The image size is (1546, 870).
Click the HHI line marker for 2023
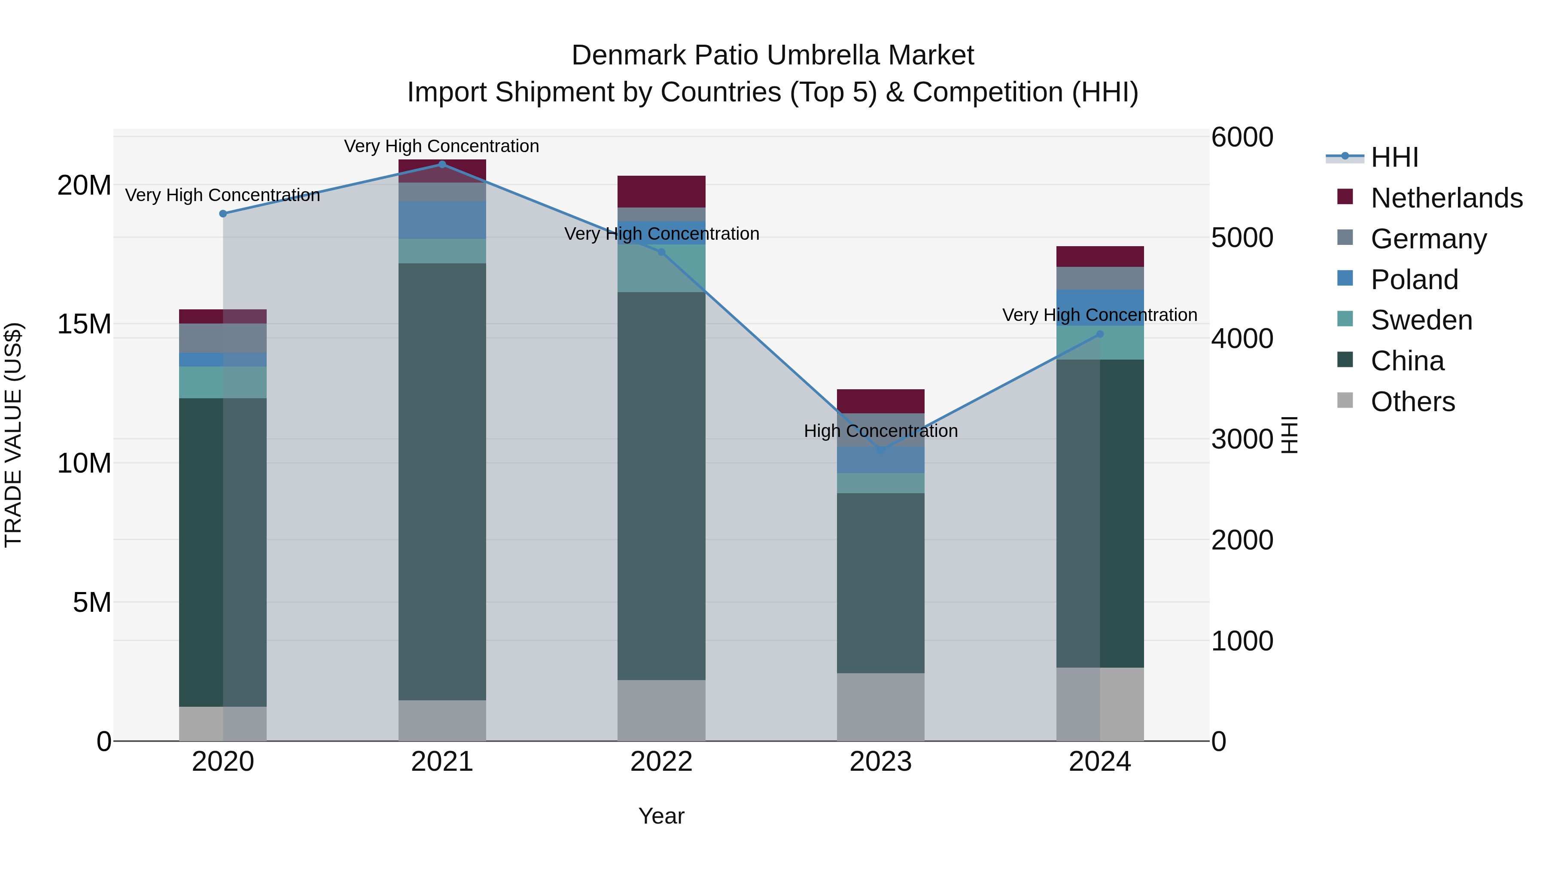[880, 450]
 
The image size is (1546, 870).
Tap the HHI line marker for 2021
[442, 164]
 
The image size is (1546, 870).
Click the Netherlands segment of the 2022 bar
[661, 192]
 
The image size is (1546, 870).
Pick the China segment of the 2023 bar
[880, 583]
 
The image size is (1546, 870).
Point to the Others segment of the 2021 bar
[442, 720]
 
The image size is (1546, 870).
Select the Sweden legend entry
[1421, 320]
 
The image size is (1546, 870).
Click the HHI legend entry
[1394, 157]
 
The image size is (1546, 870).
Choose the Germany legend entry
[1428, 238]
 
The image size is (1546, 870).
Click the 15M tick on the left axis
[84, 324]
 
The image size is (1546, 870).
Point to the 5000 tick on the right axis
[1242, 238]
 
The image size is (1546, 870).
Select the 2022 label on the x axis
[661, 762]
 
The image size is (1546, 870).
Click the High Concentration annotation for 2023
[880, 430]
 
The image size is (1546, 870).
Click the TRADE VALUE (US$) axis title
[13, 435]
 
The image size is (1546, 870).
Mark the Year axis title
[661, 816]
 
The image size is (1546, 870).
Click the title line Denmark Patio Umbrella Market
[773, 55]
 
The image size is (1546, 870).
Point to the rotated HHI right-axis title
[1289, 435]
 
